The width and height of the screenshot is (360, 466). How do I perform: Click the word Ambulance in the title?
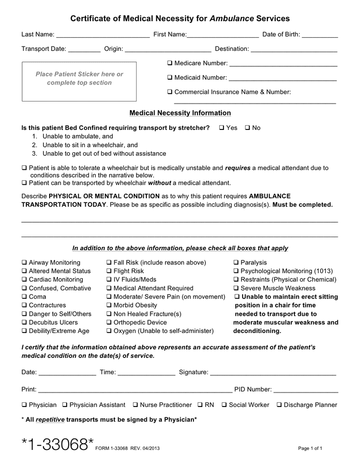pyautogui.click(x=232, y=19)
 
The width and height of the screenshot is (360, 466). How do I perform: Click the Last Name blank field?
pyautogui.click(x=102, y=35)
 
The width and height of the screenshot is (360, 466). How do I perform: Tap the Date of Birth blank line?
pyautogui.click(x=320, y=35)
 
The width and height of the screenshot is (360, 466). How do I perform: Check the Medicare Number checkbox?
pyautogui.click(x=170, y=63)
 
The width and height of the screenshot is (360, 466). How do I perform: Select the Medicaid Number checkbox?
pyautogui.click(x=170, y=78)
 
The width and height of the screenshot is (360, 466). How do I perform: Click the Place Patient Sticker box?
pyautogui.click(x=79, y=82)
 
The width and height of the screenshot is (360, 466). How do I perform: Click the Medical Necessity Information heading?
pyautogui.click(x=180, y=113)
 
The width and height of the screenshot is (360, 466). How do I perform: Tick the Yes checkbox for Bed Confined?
pyautogui.click(x=221, y=128)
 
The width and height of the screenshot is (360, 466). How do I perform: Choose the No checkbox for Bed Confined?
pyautogui.click(x=247, y=128)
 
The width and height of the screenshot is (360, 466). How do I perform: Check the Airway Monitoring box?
pyautogui.click(x=24, y=263)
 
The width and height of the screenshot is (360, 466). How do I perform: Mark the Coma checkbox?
pyautogui.click(x=24, y=297)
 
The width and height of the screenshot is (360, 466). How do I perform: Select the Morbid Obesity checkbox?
pyautogui.click(x=109, y=305)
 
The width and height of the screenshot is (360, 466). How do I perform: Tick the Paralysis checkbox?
pyautogui.click(x=236, y=263)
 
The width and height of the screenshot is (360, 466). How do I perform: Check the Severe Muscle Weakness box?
pyautogui.click(x=236, y=288)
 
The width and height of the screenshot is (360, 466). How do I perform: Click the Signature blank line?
pyautogui.click(x=273, y=372)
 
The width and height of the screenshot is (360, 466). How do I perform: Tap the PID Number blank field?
pyautogui.click(x=306, y=390)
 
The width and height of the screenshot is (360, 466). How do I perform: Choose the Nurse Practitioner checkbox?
pyautogui.click(x=135, y=405)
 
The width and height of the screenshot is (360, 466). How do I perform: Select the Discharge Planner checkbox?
pyautogui.click(x=279, y=405)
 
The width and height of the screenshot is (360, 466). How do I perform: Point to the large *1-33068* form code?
pyautogui.click(x=57, y=444)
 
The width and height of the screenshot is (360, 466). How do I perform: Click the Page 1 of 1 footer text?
pyautogui.click(x=310, y=448)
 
